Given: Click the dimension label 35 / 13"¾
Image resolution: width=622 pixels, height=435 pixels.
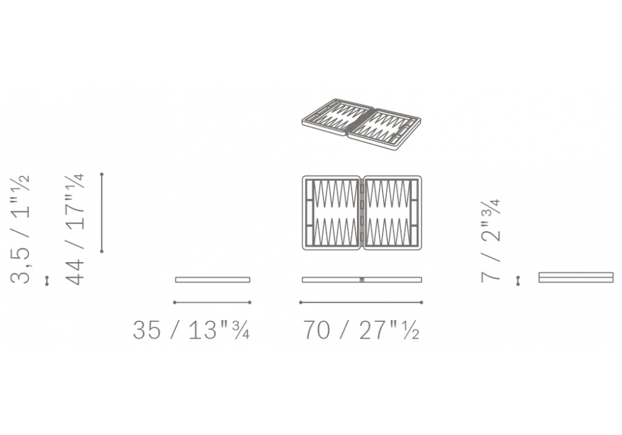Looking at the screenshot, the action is (191, 329).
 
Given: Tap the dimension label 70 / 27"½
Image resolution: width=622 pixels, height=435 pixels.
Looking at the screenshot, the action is (361, 329).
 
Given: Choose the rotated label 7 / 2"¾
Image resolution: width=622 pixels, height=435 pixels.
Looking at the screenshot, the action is (490, 241).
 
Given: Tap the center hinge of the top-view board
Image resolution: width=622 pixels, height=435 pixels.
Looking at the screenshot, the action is (362, 213).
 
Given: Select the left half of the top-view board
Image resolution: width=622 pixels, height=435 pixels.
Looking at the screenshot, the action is (332, 213).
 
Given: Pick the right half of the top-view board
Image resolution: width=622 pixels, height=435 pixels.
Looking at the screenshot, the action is (392, 213).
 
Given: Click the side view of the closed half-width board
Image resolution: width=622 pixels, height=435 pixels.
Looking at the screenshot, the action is (213, 280).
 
